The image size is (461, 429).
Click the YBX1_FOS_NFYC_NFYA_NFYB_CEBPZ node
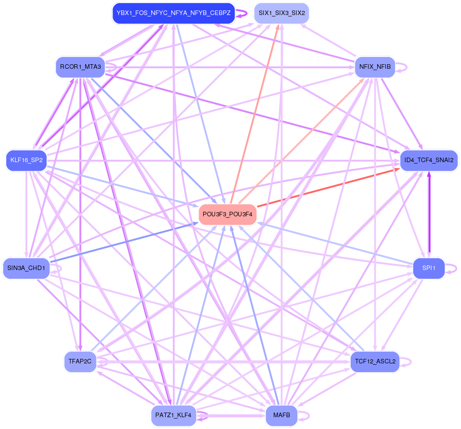tap(173, 13)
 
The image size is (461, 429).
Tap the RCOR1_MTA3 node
tap(81, 67)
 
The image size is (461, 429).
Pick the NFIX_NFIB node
tap(374, 67)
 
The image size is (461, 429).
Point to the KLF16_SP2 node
tap(26, 160)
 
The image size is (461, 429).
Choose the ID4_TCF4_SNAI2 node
tap(429, 160)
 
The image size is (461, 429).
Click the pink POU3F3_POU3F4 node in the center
tap(228, 214)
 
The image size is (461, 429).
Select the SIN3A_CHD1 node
tap(26, 268)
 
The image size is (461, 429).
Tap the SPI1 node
tap(428, 268)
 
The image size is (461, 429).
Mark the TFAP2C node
tap(80, 362)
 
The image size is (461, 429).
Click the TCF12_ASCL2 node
tap(374, 362)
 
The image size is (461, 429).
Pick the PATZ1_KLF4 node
tap(174, 415)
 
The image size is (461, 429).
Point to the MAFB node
tap(282, 415)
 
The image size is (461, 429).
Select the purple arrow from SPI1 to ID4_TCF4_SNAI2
tap(428, 214)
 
